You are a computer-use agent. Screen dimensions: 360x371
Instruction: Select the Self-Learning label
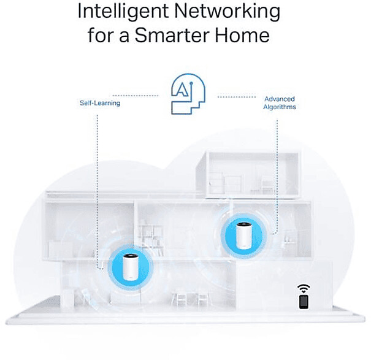(x=99, y=103)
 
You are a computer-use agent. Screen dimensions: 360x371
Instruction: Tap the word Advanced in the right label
(x=280, y=99)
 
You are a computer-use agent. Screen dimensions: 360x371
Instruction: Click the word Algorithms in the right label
(x=280, y=107)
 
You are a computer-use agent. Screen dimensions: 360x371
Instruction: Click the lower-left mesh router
(x=129, y=266)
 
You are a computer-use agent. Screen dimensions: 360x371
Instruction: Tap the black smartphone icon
(x=304, y=301)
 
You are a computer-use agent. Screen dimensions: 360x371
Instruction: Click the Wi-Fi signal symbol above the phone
(x=304, y=288)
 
